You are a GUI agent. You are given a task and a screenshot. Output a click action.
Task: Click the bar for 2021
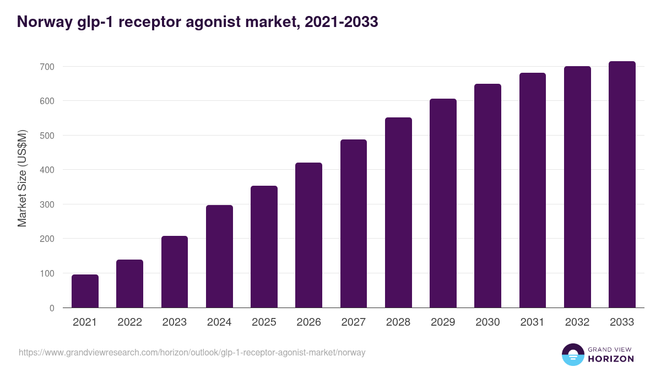(x=85, y=291)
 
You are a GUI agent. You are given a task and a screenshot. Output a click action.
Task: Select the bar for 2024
(x=219, y=256)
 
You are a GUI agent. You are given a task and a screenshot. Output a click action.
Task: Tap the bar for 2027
(x=354, y=223)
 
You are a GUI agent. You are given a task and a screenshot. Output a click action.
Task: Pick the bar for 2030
(x=487, y=196)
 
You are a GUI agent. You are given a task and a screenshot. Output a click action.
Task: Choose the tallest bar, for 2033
(x=622, y=185)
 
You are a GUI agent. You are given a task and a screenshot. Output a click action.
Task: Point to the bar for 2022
(x=129, y=284)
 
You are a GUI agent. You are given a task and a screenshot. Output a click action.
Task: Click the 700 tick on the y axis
(x=47, y=67)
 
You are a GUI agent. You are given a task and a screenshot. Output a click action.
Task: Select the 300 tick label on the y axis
(x=47, y=204)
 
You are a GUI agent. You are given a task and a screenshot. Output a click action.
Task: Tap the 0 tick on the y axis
(x=51, y=308)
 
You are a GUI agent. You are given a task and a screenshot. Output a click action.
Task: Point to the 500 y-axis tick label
(x=47, y=136)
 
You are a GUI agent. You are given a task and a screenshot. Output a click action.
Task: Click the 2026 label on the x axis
(x=308, y=322)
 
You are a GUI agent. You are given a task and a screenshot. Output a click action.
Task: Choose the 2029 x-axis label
(x=443, y=322)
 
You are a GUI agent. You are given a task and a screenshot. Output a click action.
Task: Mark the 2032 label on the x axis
(x=577, y=322)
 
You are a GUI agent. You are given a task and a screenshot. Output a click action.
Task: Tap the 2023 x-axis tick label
(x=174, y=322)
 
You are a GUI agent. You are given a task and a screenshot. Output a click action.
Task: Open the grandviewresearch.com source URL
(x=192, y=352)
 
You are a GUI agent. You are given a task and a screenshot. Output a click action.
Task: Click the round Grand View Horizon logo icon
(x=572, y=354)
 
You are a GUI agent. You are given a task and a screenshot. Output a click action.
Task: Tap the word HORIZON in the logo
(x=611, y=359)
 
